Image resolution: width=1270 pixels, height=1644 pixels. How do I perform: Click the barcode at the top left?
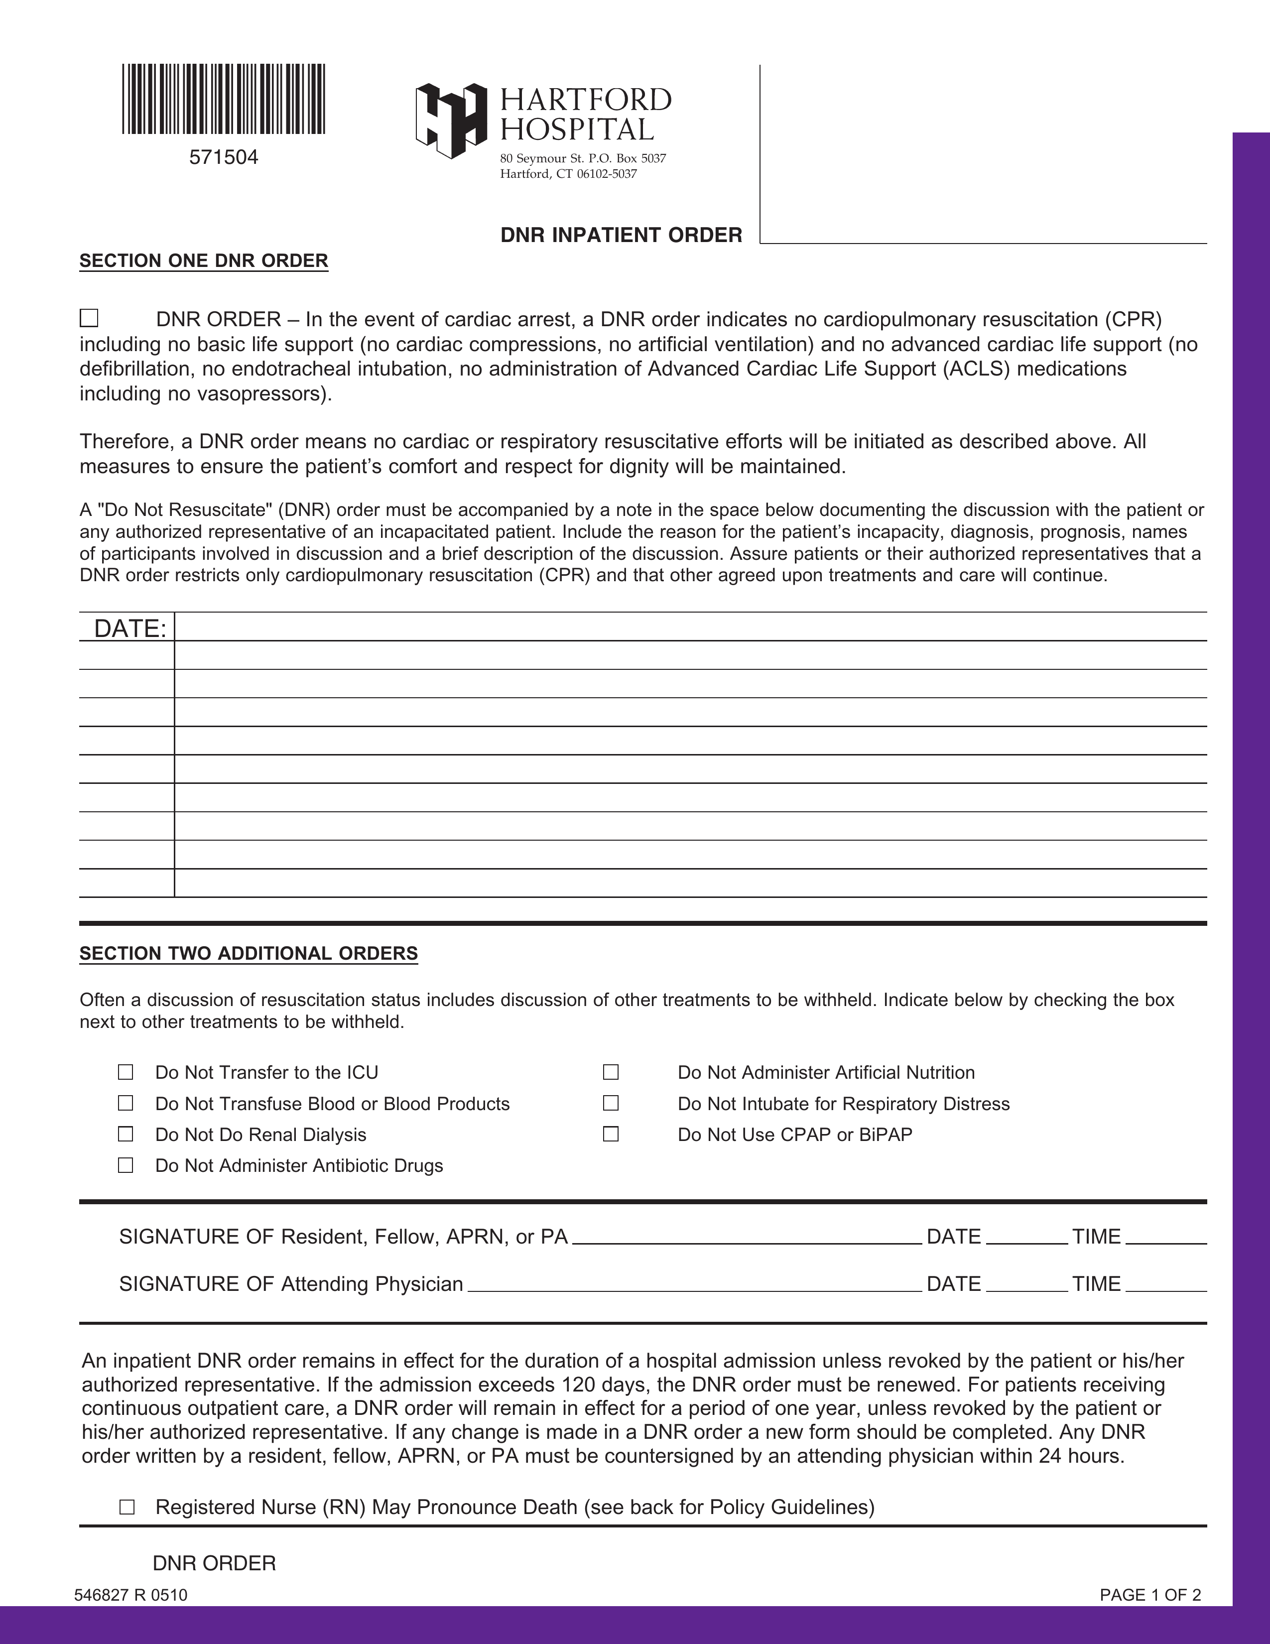(x=224, y=100)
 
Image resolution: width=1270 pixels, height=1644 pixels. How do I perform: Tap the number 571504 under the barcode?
(x=224, y=157)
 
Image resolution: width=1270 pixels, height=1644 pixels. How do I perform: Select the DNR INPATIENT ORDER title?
(x=621, y=236)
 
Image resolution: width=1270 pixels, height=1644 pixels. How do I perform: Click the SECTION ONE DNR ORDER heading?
(x=204, y=261)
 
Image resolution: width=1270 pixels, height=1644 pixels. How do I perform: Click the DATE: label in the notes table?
(x=129, y=629)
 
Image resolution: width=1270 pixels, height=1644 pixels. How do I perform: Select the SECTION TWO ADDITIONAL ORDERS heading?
(x=249, y=954)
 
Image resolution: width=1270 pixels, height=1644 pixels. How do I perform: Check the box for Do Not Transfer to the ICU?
(x=126, y=1072)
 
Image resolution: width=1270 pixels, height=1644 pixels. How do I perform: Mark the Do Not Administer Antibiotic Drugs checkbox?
(x=126, y=1165)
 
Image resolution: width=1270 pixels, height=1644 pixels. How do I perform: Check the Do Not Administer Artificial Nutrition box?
(x=611, y=1072)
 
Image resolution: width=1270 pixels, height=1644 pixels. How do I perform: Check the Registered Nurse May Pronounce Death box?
(x=127, y=1507)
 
